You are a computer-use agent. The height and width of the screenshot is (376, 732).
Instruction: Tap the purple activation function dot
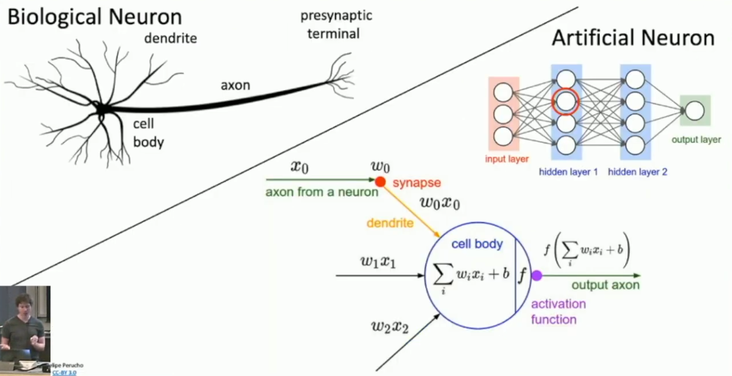(537, 275)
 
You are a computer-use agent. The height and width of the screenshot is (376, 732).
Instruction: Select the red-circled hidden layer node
(566, 102)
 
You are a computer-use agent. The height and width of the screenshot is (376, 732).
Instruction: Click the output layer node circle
(695, 111)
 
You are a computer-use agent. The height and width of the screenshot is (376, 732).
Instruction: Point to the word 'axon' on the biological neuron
(235, 85)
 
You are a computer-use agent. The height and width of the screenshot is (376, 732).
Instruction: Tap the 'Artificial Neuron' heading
(633, 38)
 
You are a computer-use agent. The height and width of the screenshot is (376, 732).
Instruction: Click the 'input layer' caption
(507, 159)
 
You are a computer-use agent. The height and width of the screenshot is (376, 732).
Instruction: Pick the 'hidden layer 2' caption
(637, 172)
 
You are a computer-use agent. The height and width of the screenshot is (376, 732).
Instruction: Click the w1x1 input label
(378, 262)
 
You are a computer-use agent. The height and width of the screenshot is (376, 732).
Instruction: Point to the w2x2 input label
(390, 327)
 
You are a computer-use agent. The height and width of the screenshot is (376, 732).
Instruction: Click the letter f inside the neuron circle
(522, 276)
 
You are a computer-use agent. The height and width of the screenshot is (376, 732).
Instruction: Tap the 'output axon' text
(605, 285)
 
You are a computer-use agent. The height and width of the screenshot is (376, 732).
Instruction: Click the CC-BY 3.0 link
(64, 372)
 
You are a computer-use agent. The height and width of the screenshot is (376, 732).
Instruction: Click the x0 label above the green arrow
(300, 166)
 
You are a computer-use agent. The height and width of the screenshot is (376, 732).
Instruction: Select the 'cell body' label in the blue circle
(476, 244)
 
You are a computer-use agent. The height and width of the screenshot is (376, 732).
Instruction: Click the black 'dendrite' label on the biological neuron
(171, 39)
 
